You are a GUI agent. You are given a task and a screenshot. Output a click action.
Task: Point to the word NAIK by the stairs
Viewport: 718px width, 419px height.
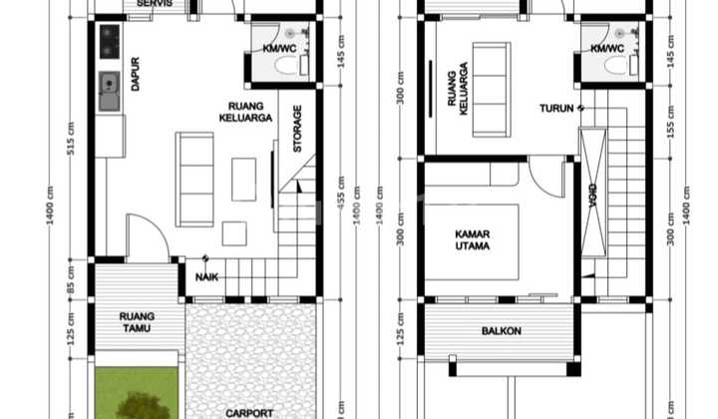(x=207, y=276)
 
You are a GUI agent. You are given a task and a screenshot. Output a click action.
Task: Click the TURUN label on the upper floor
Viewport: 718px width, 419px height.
(x=556, y=108)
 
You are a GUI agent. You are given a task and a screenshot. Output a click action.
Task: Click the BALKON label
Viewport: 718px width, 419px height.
(x=501, y=331)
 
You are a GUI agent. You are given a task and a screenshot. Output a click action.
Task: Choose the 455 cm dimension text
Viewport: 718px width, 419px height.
(x=341, y=201)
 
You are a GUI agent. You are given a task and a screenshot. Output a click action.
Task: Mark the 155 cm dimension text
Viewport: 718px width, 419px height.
(x=669, y=119)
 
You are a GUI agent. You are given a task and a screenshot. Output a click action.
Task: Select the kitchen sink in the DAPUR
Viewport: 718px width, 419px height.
(x=110, y=92)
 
